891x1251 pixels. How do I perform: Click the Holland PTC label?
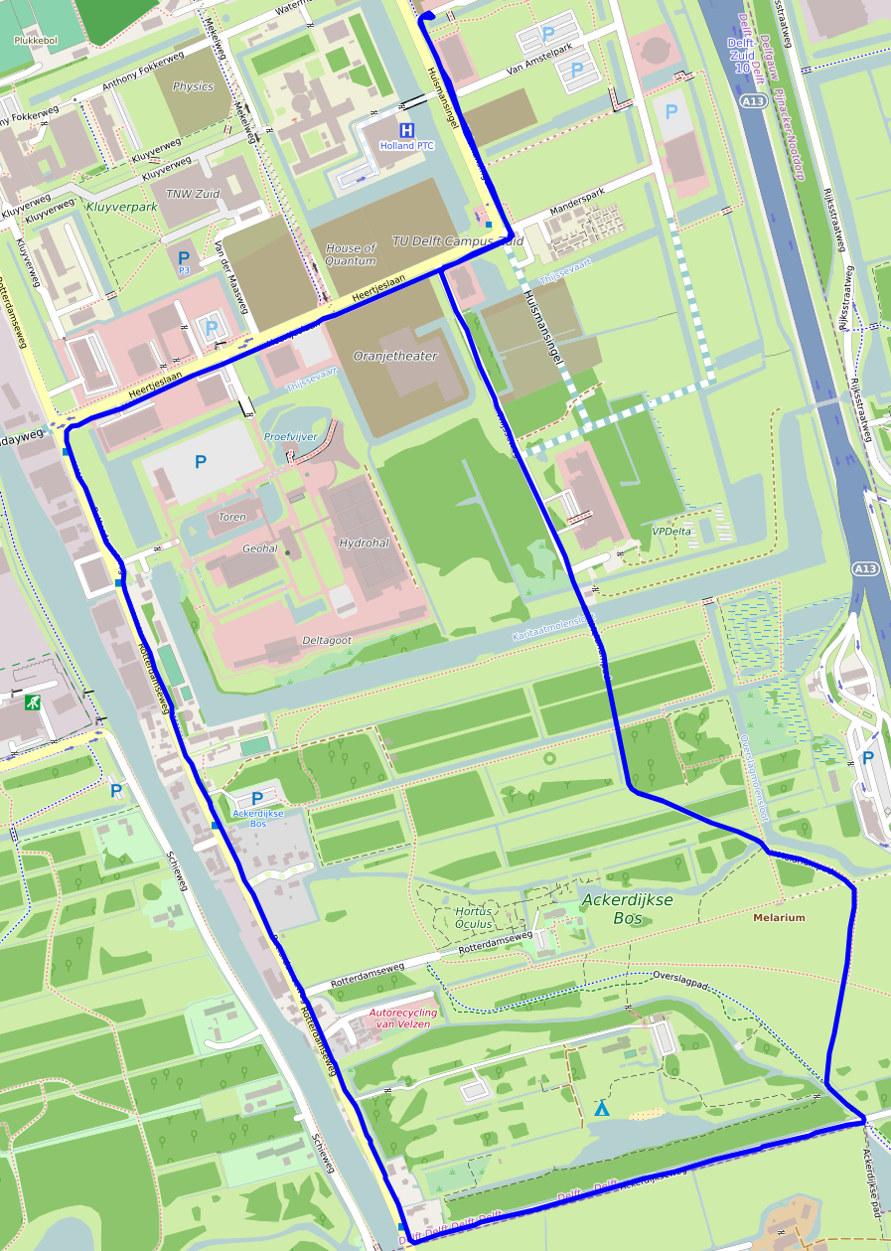point(406,146)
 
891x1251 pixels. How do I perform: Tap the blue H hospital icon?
point(406,130)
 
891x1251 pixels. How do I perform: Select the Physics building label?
point(193,86)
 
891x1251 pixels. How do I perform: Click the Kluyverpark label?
point(122,208)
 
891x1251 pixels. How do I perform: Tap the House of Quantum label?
point(351,254)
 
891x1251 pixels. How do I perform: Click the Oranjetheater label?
point(395,356)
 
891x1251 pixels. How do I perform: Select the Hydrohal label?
point(364,544)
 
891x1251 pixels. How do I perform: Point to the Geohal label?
point(260,548)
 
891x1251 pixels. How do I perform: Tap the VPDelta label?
point(671,532)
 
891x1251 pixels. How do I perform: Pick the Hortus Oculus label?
point(474,917)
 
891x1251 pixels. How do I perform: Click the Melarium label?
point(779,918)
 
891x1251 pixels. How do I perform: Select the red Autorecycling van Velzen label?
point(402,1018)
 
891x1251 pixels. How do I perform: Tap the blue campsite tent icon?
point(601,1108)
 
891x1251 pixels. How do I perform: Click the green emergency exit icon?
point(34,703)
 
